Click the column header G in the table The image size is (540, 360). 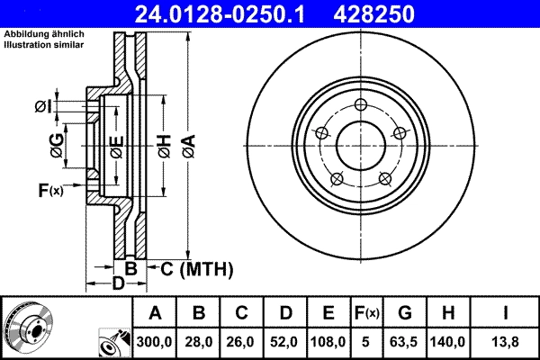pyautogui.click(x=406, y=313)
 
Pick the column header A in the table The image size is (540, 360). pyautogui.click(x=155, y=313)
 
